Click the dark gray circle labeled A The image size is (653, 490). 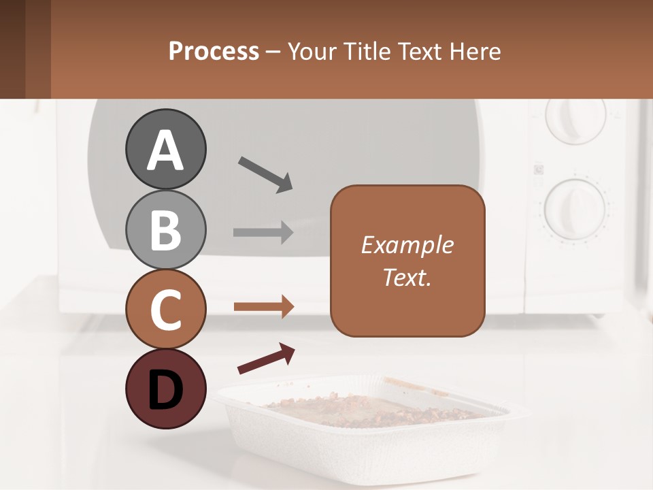coord(165,149)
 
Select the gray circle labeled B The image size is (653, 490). coord(165,229)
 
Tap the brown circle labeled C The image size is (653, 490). coord(165,309)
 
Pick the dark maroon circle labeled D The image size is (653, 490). coord(165,389)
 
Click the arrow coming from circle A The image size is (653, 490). coord(265,174)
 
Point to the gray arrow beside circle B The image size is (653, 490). coord(263,232)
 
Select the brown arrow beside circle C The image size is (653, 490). coord(263,307)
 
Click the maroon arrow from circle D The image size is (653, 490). coord(266,359)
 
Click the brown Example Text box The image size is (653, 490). coord(407,261)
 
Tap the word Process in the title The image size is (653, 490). coord(214,51)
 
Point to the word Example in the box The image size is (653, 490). coord(407,245)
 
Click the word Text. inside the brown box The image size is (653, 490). coord(407,277)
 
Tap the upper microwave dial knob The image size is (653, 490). coord(575,118)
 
